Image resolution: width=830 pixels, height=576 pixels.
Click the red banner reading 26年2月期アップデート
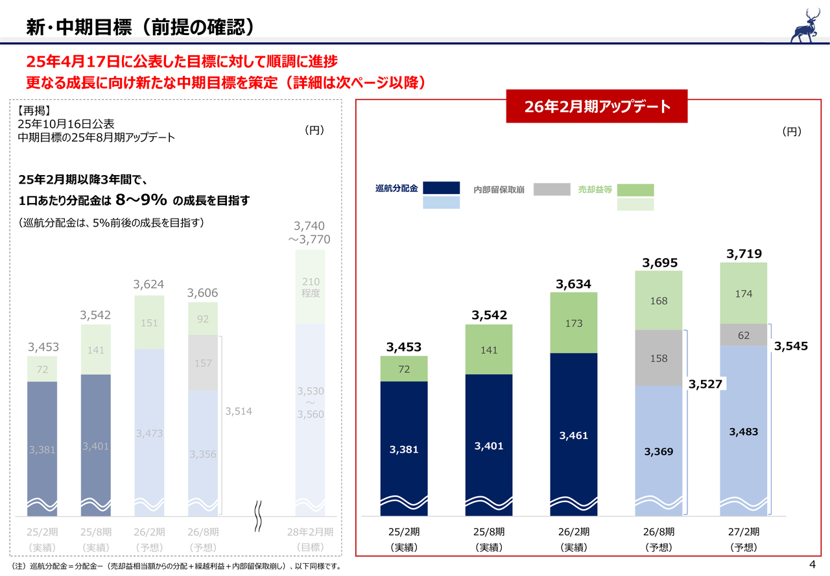click(x=597, y=107)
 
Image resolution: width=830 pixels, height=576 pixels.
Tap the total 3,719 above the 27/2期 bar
click(x=744, y=254)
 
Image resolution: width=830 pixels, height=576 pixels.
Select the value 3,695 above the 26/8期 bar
click(x=659, y=263)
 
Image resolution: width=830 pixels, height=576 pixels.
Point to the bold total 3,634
click(x=573, y=284)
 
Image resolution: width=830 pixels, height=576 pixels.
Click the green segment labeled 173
click(x=573, y=323)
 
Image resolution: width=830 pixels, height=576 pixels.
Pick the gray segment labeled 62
click(x=744, y=335)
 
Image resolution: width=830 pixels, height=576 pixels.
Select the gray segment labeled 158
click(x=659, y=358)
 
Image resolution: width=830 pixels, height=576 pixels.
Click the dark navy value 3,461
click(x=573, y=435)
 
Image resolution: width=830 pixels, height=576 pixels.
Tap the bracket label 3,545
click(x=791, y=346)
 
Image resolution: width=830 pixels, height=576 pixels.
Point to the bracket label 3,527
click(x=705, y=384)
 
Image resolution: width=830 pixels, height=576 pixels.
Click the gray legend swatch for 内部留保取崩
click(x=552, y=189)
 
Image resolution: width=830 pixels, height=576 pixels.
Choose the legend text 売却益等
click(x=595, y=190)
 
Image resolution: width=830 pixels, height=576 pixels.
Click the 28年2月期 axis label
click(x=310, y=532)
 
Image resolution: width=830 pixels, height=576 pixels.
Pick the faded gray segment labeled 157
click(x=203, y=363)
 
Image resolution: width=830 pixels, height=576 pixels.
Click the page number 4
click(x=812, y=562)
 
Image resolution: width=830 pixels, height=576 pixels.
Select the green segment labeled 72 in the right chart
click(x=403, y=368)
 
